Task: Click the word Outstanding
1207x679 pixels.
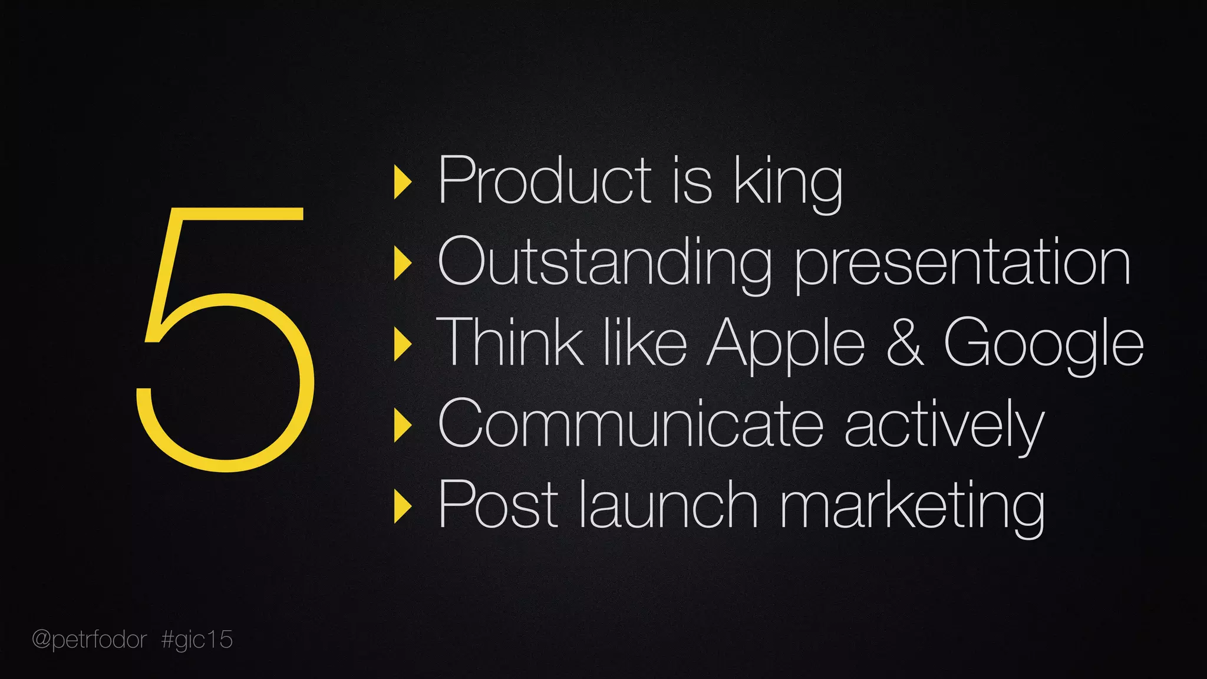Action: pos(605,262)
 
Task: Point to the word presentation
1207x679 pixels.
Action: pos(962,263)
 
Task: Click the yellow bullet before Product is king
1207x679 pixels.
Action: pos(403,182)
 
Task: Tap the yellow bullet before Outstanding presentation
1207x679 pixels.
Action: pos(403,263)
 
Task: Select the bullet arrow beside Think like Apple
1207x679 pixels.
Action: pos(403,344)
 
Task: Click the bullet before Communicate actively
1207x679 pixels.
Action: pos(403,425)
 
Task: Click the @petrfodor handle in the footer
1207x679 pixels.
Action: pos(89,640)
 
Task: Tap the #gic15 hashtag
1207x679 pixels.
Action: pos(197,640)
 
